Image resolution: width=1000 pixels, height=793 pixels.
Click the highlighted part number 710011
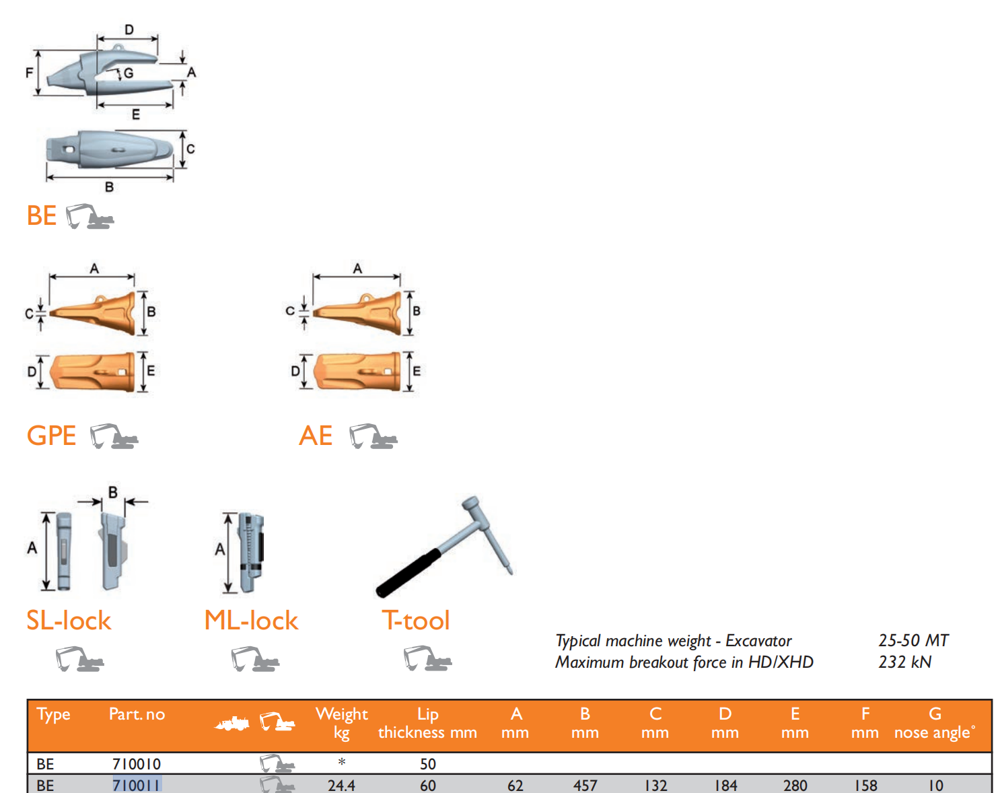coord(137,785)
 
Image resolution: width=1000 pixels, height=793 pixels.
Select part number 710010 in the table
coord(137,764)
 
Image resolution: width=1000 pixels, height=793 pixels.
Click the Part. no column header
coord(137,714)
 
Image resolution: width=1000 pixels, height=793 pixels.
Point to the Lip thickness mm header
coord(427,723)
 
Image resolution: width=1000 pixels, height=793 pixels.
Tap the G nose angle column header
coord(934,723)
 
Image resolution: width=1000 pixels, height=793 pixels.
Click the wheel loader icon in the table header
coord(232,724)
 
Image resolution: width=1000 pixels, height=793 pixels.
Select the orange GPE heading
coord(51,436)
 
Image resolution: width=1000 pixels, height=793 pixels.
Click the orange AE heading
coord(316,436)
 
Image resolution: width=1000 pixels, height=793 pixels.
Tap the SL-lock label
coord(69,620)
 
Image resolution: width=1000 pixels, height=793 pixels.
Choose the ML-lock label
coord(251,620)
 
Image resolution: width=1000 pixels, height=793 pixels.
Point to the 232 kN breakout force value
coord(904,662)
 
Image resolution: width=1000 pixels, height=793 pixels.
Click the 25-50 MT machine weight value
coord(913,640)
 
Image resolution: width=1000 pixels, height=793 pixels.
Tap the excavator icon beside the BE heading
coord(90,216)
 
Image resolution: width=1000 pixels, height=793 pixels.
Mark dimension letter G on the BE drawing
coord(128,73)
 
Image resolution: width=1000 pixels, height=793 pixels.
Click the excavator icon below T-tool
coord(427,658)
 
